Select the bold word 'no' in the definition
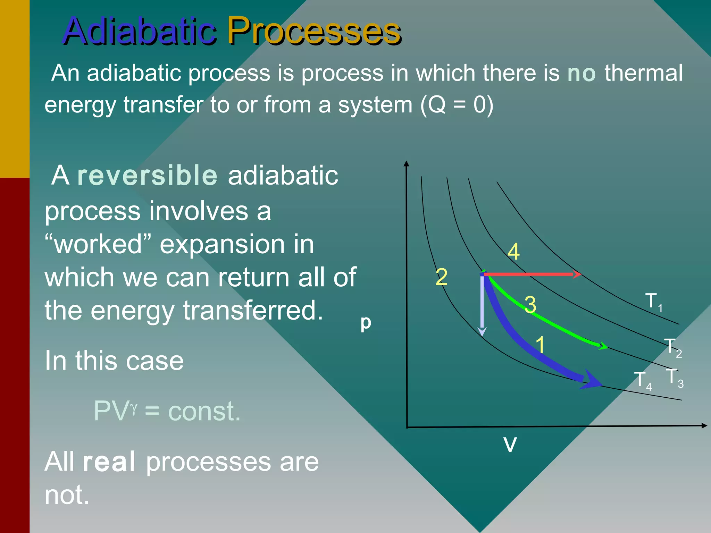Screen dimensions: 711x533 582,74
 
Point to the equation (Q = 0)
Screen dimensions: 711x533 457,105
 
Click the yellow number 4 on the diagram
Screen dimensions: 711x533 514,252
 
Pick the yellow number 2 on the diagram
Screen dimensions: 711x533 442,277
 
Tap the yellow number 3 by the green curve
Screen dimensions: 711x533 530,305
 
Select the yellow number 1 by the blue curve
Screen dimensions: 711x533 541,345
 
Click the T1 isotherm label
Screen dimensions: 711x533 654,302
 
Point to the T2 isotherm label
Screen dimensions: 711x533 673,347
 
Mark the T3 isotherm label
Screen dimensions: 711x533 675,378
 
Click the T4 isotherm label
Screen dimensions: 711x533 643,381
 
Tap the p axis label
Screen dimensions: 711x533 366,323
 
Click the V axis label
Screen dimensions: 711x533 510,445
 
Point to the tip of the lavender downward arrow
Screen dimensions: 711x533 482,336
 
